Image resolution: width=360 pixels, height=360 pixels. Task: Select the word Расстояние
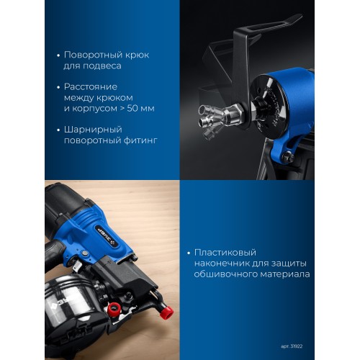91,87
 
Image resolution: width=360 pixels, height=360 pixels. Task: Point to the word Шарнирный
93,130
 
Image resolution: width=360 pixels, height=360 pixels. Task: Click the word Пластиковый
225,253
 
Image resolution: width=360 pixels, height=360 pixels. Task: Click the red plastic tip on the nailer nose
166,312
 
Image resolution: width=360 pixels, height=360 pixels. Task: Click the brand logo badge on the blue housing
107,236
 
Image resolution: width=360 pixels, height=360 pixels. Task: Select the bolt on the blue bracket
288,157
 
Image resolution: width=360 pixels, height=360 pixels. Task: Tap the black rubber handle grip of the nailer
53,253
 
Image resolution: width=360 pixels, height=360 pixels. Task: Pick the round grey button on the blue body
84,253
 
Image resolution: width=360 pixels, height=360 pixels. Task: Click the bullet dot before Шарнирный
58,130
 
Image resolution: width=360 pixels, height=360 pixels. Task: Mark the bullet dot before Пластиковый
189,253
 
